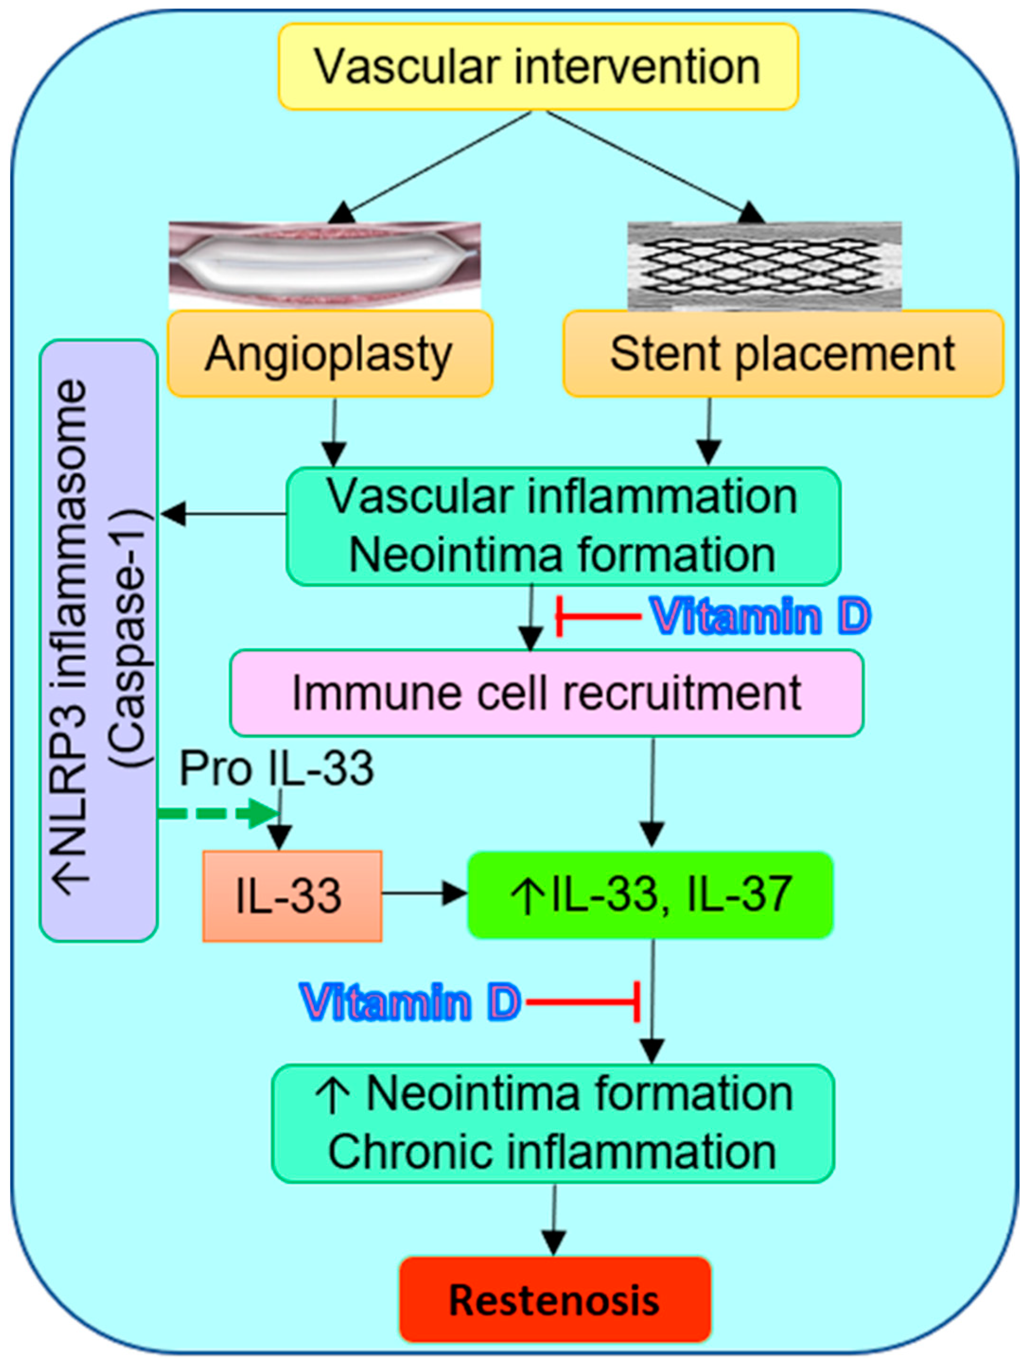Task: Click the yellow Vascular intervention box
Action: [538, 67]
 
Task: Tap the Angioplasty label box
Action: [330, 354]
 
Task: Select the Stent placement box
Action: [783, 354]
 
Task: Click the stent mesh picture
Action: [764, 265]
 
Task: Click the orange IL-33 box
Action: [292, 896]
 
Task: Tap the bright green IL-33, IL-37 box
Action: [651, 895]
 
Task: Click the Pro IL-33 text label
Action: [277, 768]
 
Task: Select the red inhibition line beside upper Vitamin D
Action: [598, 616]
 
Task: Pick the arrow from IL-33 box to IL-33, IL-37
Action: [425, 893]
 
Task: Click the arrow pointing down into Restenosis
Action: [554, 1219]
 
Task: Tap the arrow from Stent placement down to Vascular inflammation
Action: [709, 431]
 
